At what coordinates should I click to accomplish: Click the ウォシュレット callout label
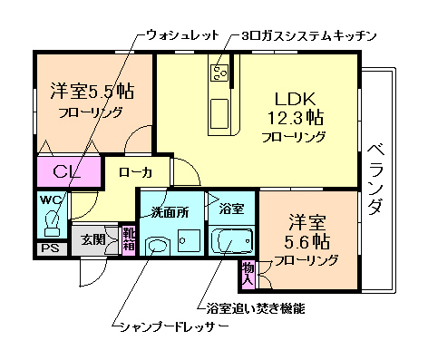coord(182,36)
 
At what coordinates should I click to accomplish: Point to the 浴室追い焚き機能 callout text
coord(256,308)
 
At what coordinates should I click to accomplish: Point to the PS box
coord(48,247)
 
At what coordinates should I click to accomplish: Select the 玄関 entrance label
coord(92,239)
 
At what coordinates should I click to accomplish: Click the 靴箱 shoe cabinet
coord(128,241)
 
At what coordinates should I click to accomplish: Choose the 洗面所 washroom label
coord(170,213)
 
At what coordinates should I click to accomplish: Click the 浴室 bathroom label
coord(231,209)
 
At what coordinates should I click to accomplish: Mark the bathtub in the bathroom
coord(233,243)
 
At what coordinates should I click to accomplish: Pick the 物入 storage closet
coord(248,269)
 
